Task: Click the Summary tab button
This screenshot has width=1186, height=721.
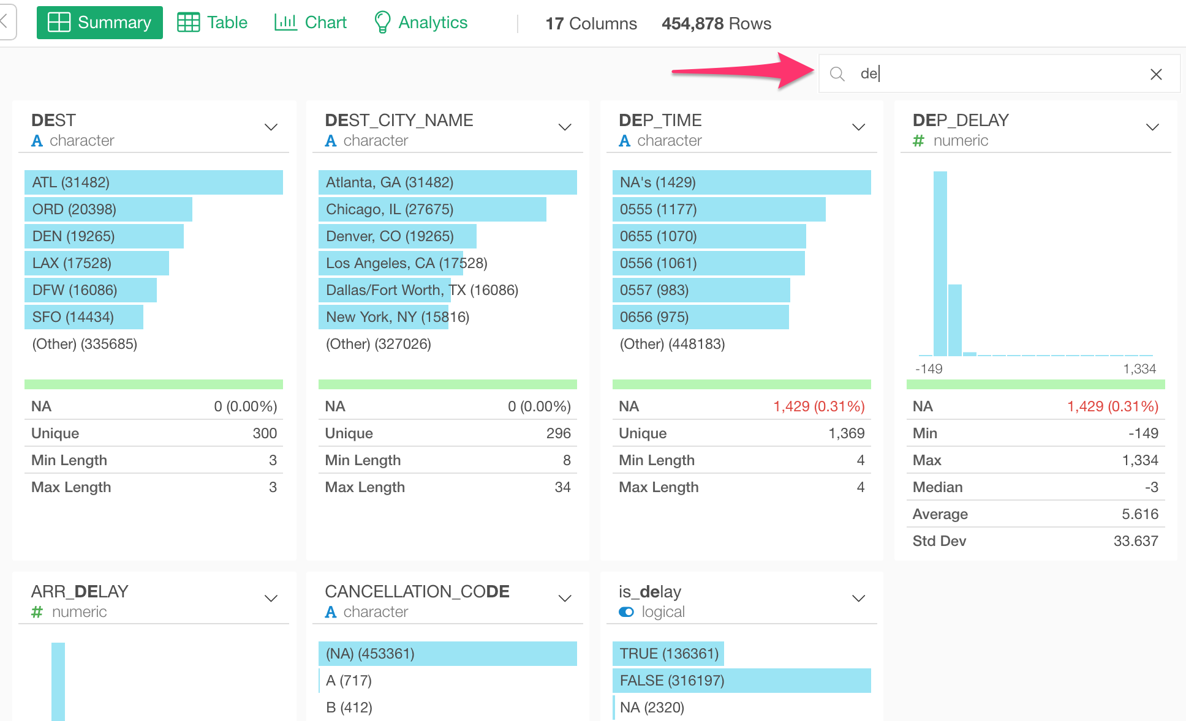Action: [x=100, y=23]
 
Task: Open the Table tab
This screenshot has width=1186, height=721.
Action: [x=213, y=23]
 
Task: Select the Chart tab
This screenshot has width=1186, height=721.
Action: [x=311, y=23]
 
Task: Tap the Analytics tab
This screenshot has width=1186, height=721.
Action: [x=421, y=23]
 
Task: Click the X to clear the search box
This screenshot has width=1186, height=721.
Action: [x=1156, y=74]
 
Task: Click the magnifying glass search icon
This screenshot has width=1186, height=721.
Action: [x=837, y=74]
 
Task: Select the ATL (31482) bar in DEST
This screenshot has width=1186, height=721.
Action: [x=153, y=182]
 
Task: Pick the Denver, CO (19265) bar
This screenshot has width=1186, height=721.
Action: [x=397, y=236]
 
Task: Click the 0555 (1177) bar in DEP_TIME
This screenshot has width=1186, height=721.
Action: [x=719, y=209]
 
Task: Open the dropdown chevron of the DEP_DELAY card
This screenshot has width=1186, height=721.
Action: [x=1152, y=127]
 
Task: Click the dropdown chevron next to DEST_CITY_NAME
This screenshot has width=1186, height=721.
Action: [x=565, y=127]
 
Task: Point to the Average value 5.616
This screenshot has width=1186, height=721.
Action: [x=1139, y=514]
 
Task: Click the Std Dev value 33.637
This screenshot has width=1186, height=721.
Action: [x=1135, y=541]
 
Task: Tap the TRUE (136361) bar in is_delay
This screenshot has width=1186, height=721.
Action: [x=668, y=654]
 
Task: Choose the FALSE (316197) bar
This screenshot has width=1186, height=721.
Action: [x=741, y=681]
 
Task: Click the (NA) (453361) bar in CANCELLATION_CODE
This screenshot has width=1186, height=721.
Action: [x=447, y=654]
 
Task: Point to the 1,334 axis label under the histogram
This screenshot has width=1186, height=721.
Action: [x=1139, y=369]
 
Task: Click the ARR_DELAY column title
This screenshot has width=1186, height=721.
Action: [x=80, y=592]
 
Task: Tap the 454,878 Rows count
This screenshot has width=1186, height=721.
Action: [x=716, y=23]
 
